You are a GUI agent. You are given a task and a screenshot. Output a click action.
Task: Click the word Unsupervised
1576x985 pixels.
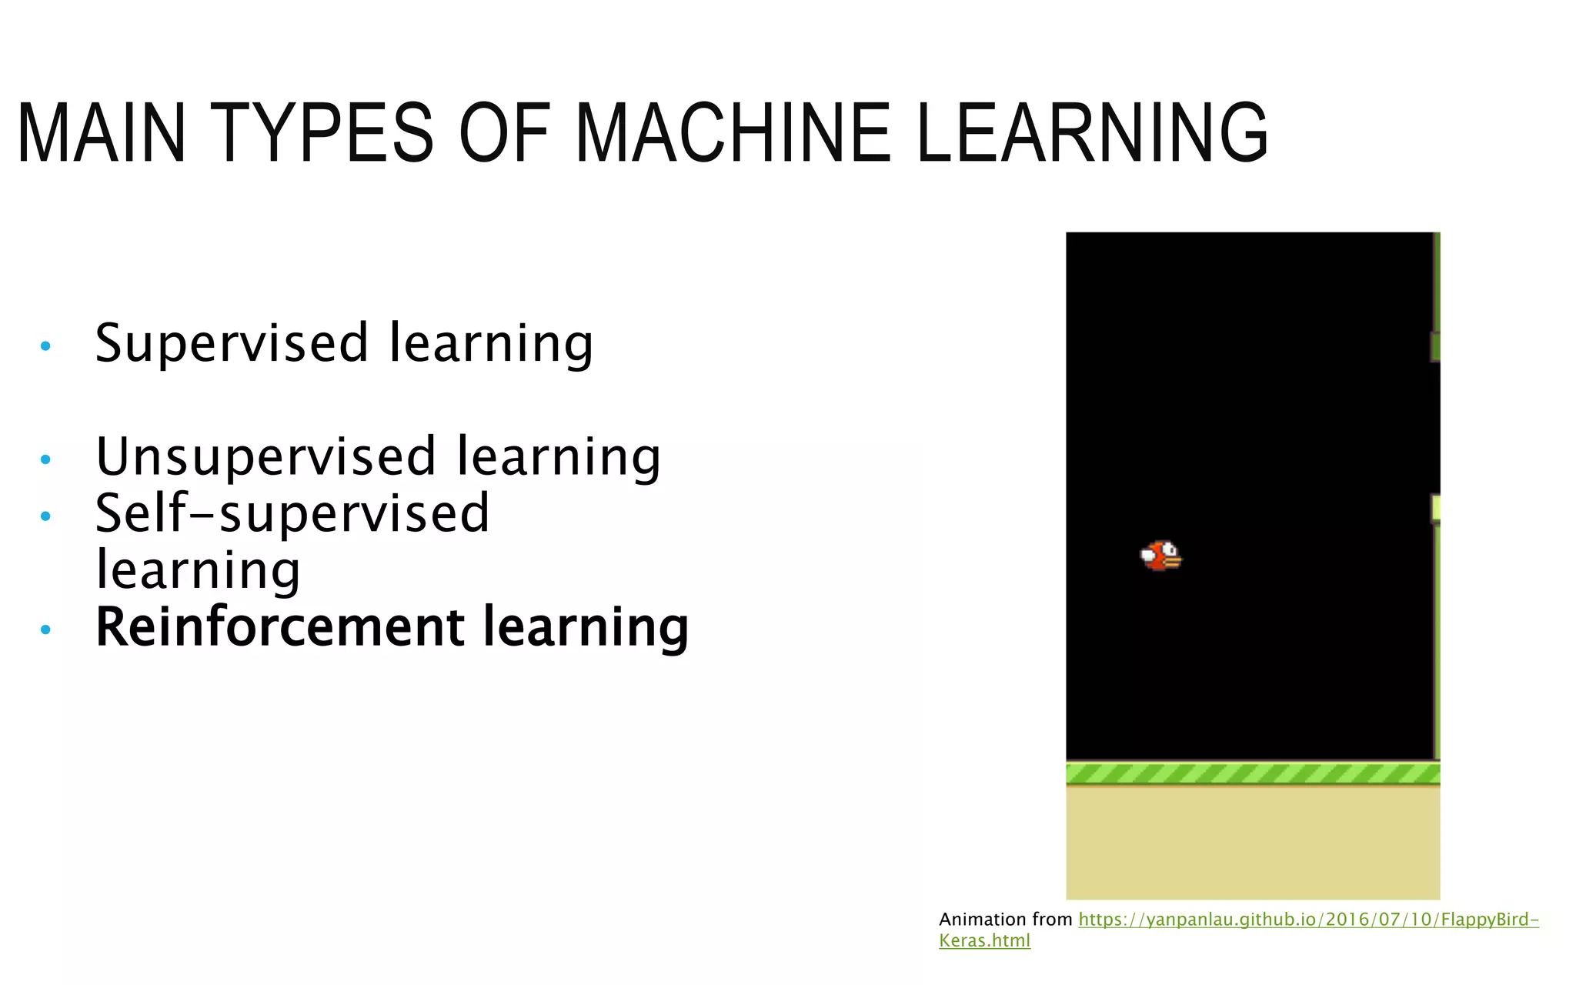coord(265,456)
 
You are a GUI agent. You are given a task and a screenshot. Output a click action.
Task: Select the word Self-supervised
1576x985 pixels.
coord(292,513)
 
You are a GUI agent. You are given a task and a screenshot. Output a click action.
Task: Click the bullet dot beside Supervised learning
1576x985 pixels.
coord(45,346)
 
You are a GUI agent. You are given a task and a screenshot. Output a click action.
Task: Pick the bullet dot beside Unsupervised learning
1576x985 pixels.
coord(45,460)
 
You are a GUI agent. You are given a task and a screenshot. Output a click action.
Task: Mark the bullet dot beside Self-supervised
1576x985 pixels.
coord(45,516)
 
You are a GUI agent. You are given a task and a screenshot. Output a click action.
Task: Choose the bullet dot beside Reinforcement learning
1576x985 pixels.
coord(45,630)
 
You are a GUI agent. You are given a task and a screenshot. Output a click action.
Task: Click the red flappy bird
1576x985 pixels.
coord(1160,556)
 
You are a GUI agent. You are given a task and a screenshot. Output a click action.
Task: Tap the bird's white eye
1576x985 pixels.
coord(1170,549)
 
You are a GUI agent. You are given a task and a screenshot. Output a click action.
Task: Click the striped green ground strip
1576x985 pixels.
coord(1252,773)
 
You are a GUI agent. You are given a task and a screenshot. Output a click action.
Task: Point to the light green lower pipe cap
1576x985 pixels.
coord(1435,509)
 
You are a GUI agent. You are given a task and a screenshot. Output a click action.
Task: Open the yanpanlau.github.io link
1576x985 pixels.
coord(1308,920)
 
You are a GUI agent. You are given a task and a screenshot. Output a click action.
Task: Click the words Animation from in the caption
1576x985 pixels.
coord(1005,920)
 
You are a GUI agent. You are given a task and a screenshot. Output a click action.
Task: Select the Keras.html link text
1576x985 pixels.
coord(984,940)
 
